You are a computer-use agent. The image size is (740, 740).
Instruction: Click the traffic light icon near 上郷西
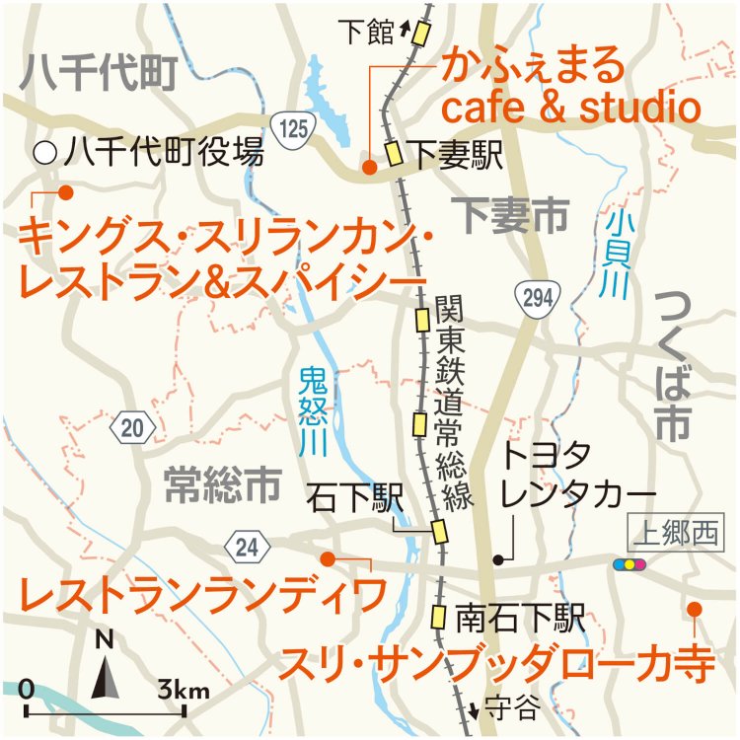(629, 564)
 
